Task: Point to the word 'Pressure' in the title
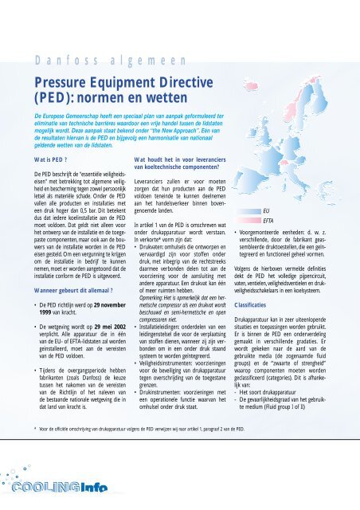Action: point(68,80)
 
